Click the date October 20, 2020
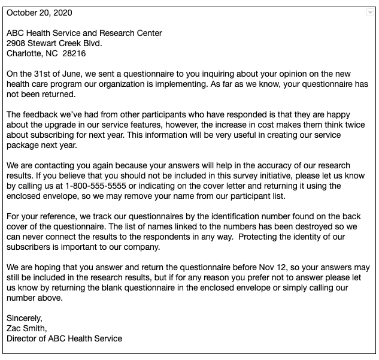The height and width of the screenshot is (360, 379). coord(40,13)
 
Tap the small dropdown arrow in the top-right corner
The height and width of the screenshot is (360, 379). coord(369,13)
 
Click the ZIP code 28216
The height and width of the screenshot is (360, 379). coord(74,53)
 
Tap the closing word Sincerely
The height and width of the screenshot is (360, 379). coord(24,318)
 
